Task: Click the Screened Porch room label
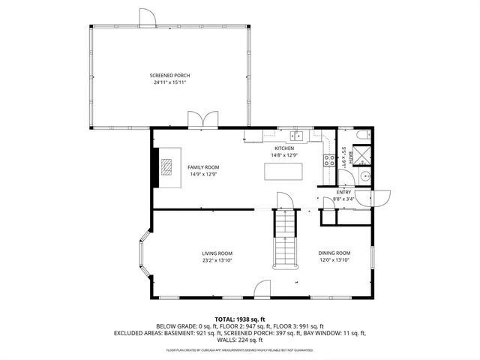169,76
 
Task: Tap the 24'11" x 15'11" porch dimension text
169,82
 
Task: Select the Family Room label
202,167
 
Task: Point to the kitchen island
284,170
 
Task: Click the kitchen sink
297,136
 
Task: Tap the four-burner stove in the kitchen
328,159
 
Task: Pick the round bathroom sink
363,177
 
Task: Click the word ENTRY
343,192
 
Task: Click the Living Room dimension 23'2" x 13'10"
217,260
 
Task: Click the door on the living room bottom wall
262,289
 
